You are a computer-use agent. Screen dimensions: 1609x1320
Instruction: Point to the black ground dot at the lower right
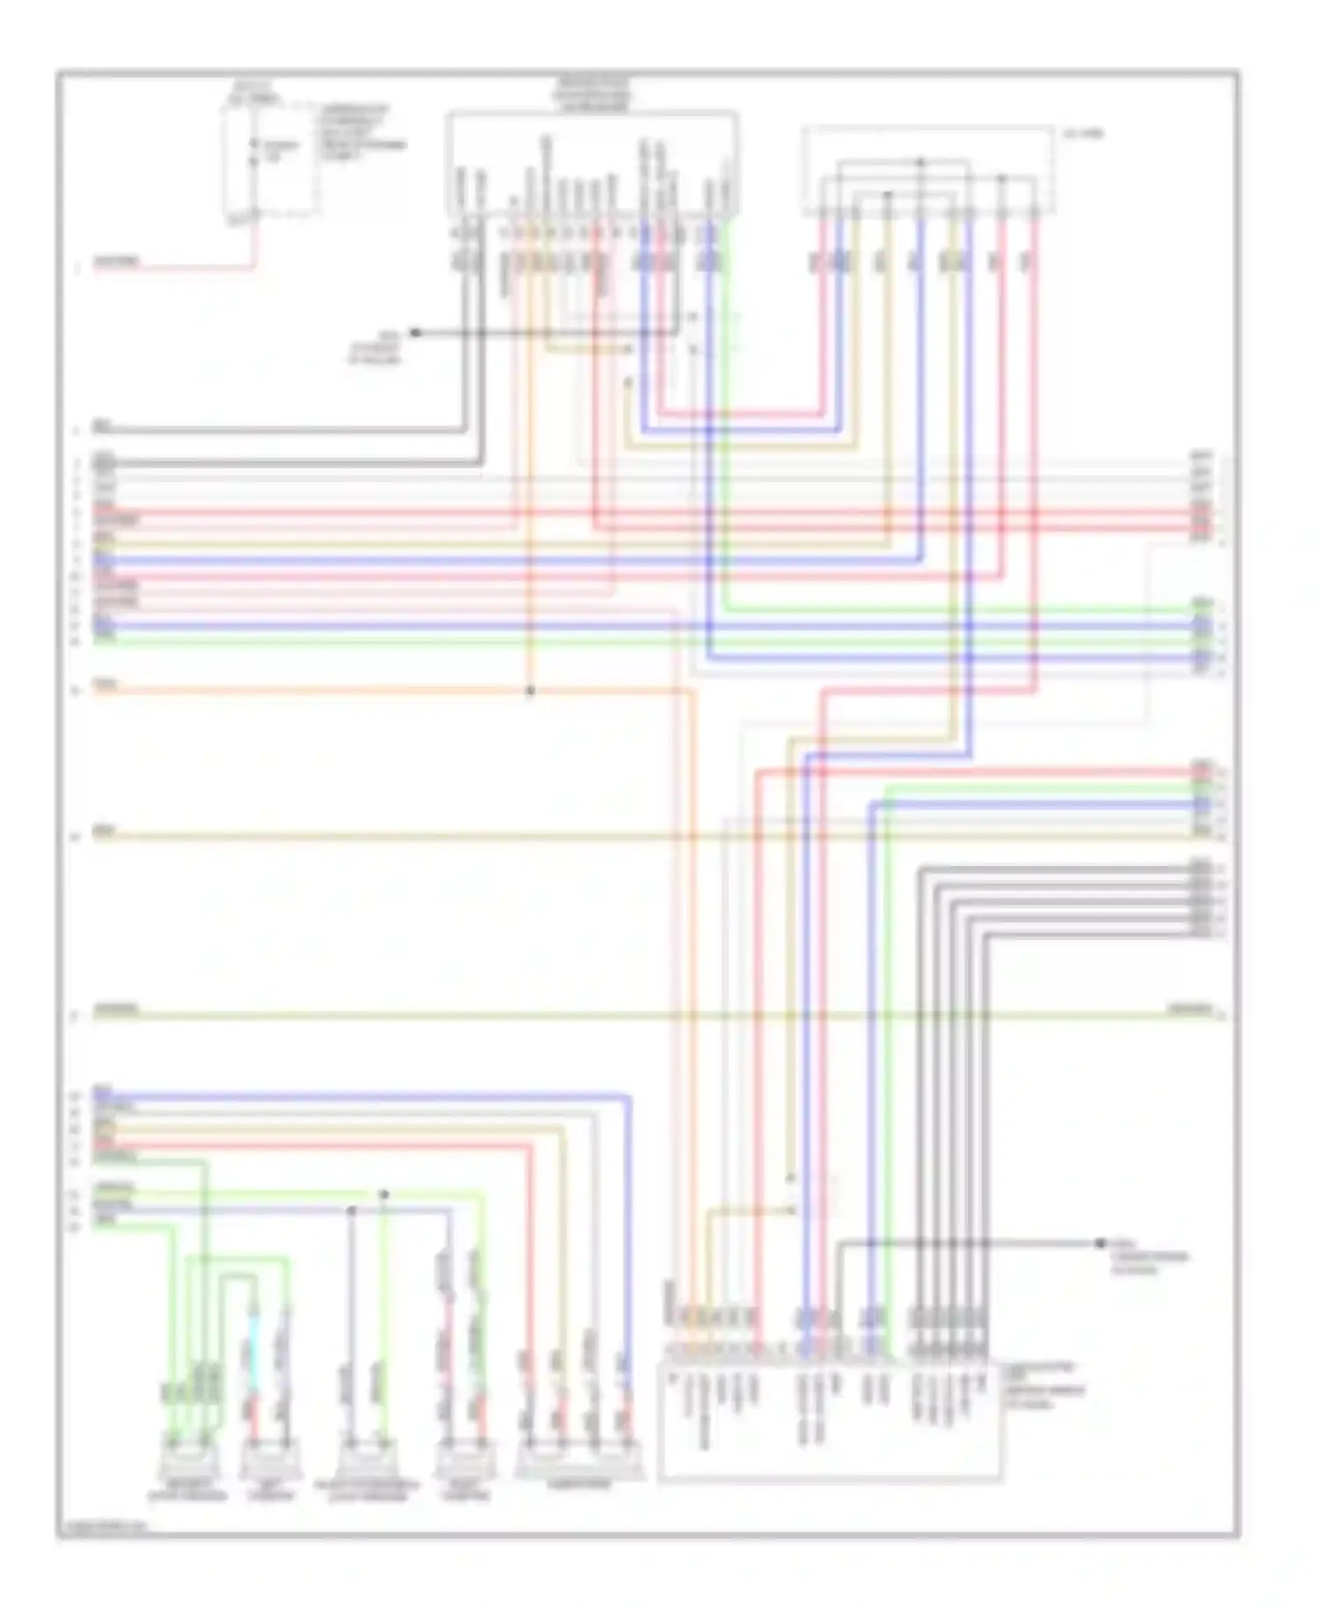(1099, 1243)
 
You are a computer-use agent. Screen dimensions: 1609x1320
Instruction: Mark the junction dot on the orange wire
(530, 691)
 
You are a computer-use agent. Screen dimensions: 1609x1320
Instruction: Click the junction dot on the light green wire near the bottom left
(384, 1194)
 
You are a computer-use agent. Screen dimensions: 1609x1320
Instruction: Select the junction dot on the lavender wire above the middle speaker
(351, 1211)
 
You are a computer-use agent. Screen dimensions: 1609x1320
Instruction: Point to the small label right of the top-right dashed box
(1083, 134)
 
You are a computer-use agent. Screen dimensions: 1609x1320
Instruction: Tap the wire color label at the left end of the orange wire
(106, 683)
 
